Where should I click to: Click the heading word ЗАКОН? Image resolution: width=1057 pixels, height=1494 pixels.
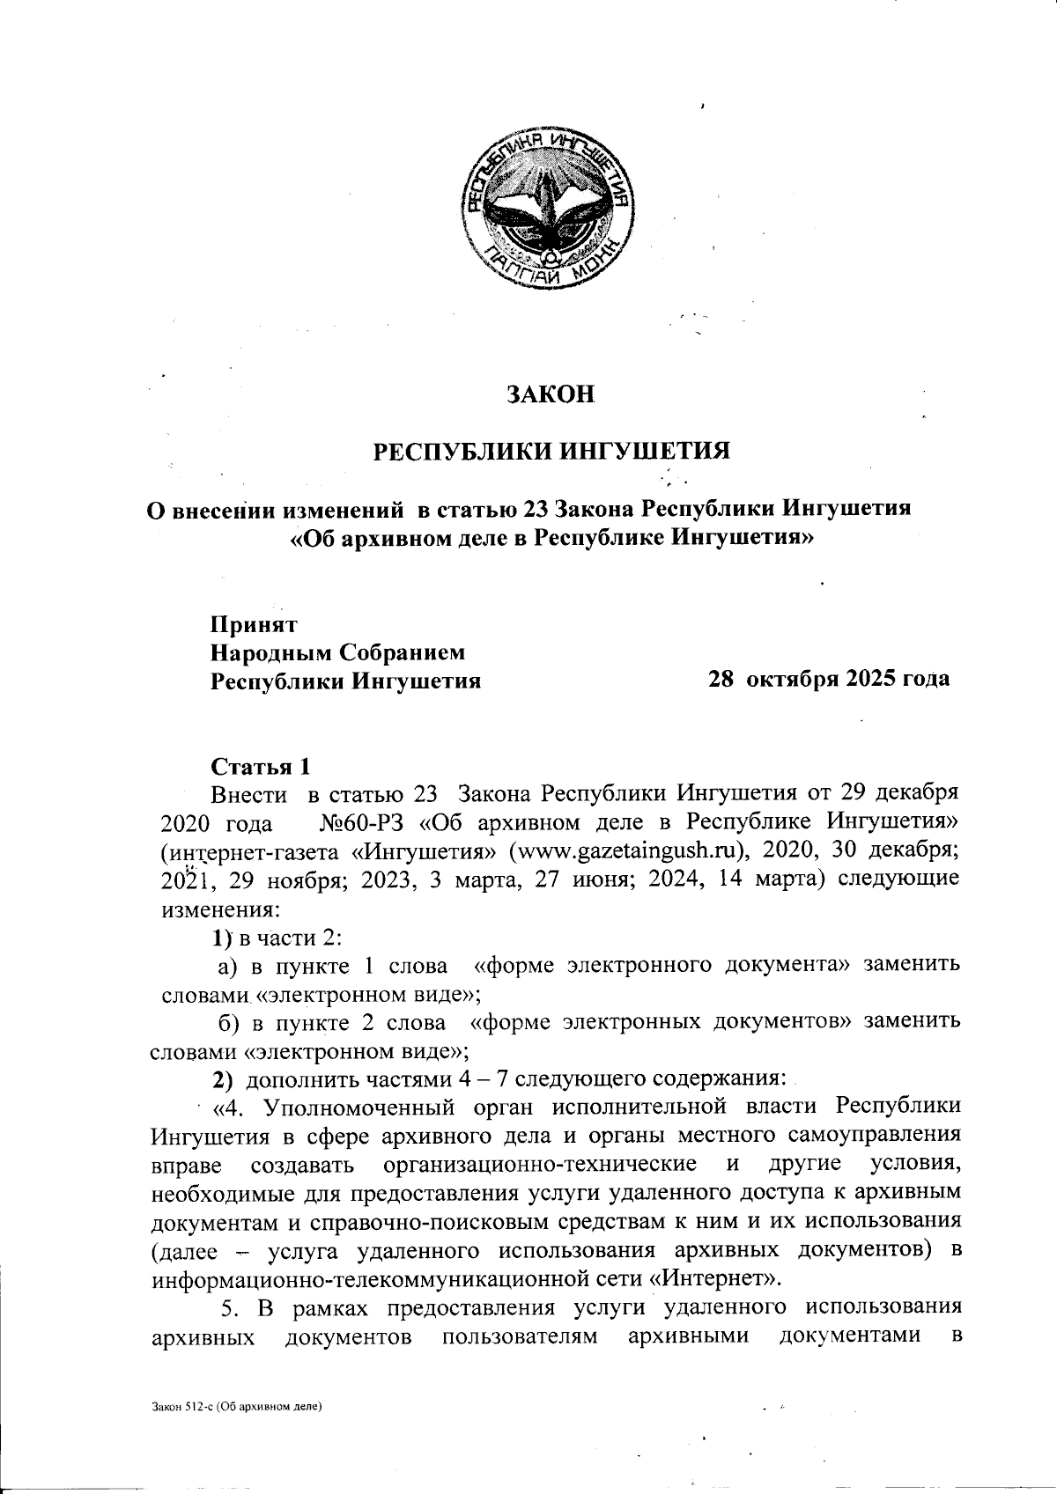tap(551, 394)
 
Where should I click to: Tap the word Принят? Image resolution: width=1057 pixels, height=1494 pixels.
tap(254, 624)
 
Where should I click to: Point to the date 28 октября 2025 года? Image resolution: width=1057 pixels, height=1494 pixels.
tap(829, 679)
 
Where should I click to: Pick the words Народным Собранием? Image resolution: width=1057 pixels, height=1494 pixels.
tap(336, 652)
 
